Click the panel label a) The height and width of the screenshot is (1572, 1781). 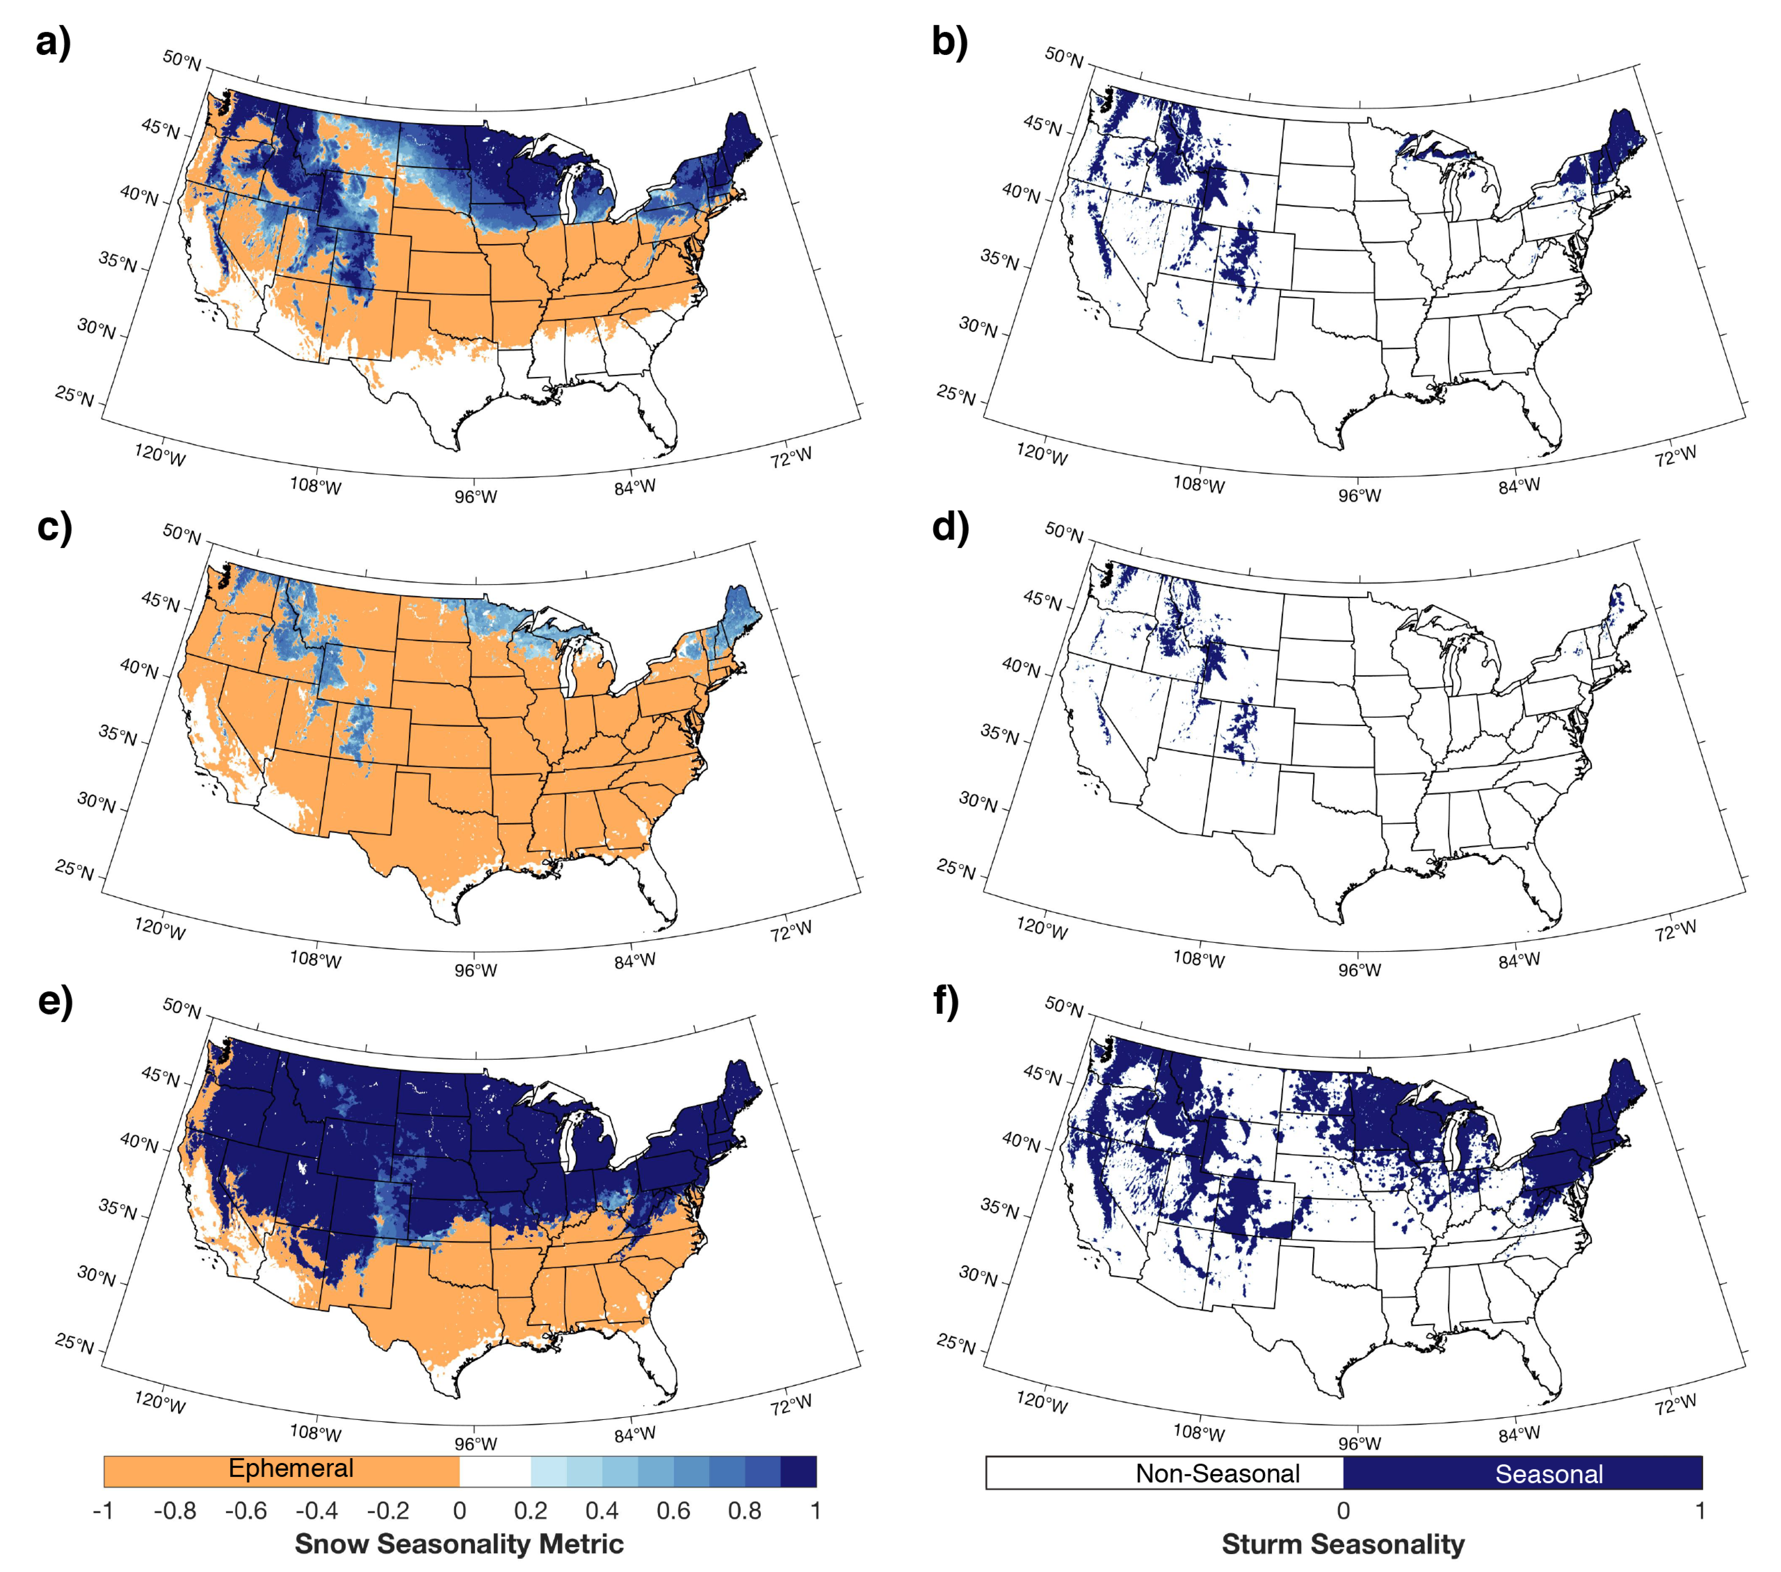point(52,42)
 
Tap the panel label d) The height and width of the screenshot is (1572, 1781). point(950,527)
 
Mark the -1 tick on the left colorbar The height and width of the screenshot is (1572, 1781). point(103,1510)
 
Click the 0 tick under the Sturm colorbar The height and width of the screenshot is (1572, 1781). point(1343,1510)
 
